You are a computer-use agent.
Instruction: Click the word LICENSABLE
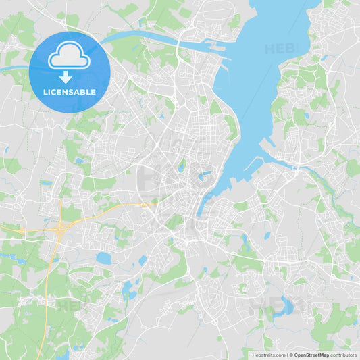pos(70,92)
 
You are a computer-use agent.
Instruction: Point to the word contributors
pos(344,355)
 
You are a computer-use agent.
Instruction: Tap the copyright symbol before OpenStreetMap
pos(290,355)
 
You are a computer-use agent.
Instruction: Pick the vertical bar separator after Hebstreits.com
pos(286,355)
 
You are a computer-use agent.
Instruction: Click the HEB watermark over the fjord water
pos(280,49)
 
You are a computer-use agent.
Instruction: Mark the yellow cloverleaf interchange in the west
pos(60,230)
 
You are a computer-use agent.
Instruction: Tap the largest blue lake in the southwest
pos(104,258)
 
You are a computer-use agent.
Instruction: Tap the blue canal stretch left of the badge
pos(14,68)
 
